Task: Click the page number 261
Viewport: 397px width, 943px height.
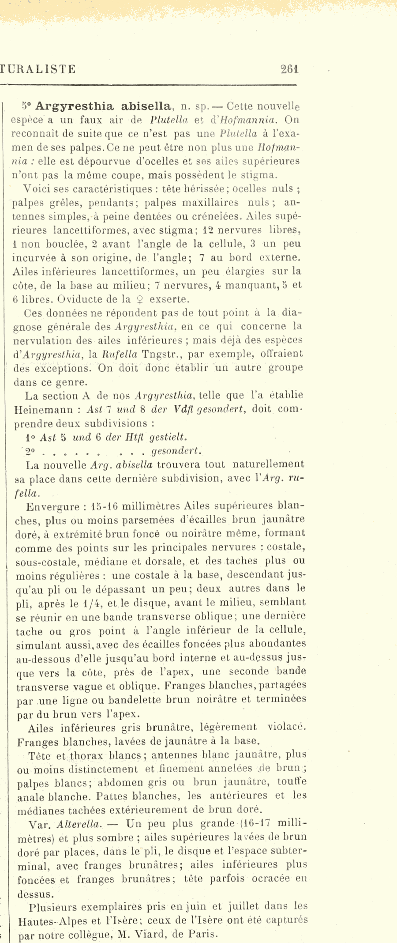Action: [x=290, y=69]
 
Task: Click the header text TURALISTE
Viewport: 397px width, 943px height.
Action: [x=39, y=69]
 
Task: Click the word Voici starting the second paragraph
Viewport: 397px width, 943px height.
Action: [x=37, y=189]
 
